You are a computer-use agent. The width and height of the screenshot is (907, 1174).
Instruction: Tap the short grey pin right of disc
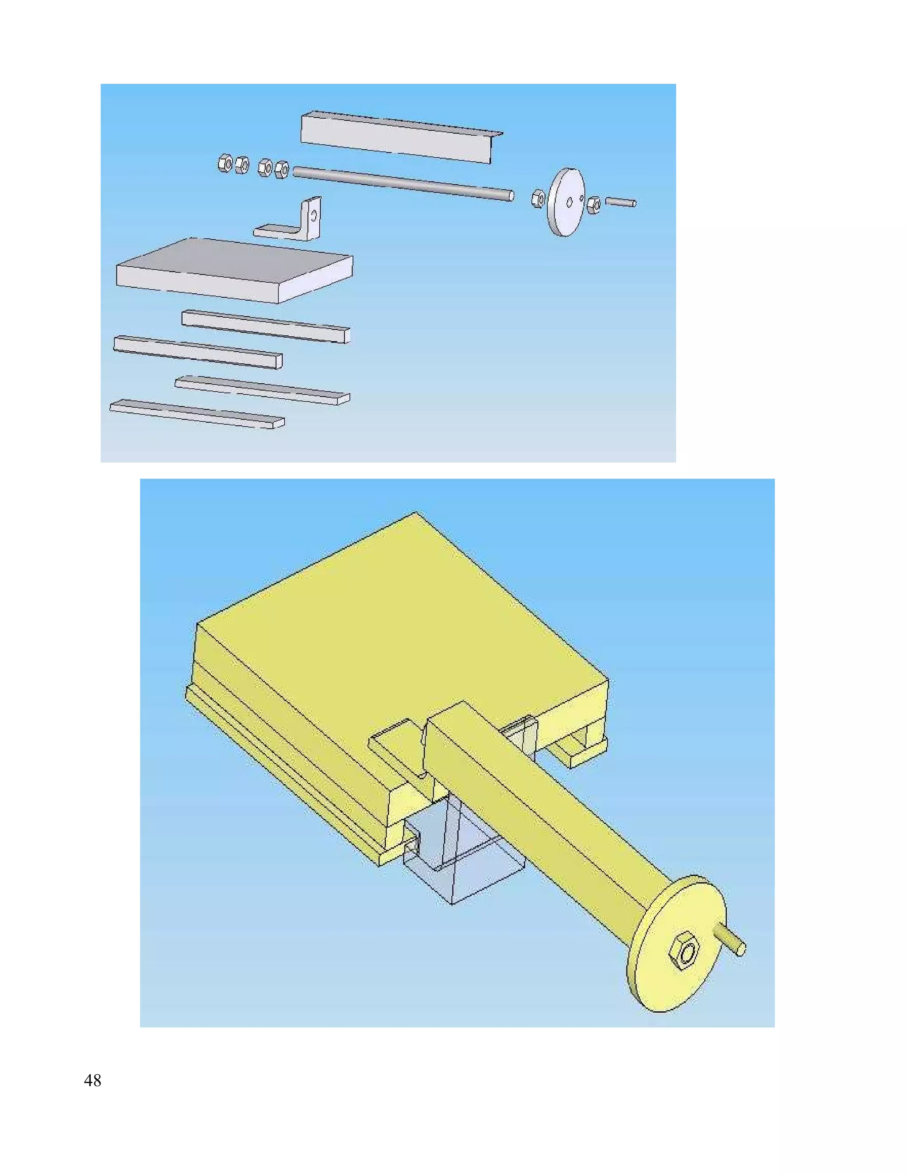click(x=620, y=202)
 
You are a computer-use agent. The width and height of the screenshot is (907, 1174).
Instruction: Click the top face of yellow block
click(x=398, y=618)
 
